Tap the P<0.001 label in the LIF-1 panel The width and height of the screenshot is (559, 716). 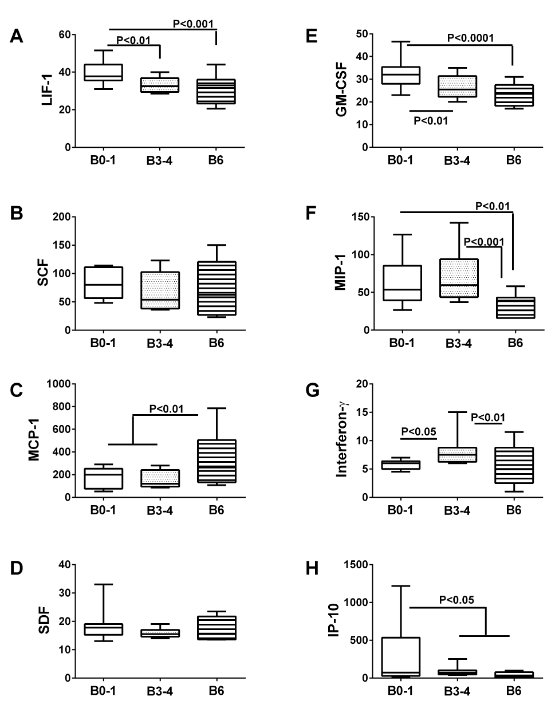[x=194, y=24]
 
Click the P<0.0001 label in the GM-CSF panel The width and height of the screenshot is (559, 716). [x=470, y=38]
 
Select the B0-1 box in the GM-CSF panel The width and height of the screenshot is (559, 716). [x=401, y=75]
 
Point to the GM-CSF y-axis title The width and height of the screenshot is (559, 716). [x=344, y=90]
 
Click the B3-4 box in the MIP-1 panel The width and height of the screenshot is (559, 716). [x=459, y=278]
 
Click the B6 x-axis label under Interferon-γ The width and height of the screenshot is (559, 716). [x=514, y=510]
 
